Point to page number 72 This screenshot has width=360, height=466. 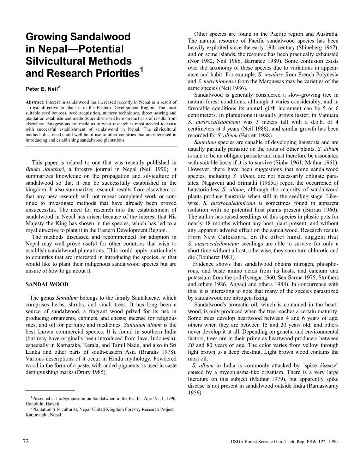click(x=25, y=441)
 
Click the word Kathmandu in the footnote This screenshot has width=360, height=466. click(x=37, y=415)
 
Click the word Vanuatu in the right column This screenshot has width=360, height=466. click(x=328, y=115)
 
